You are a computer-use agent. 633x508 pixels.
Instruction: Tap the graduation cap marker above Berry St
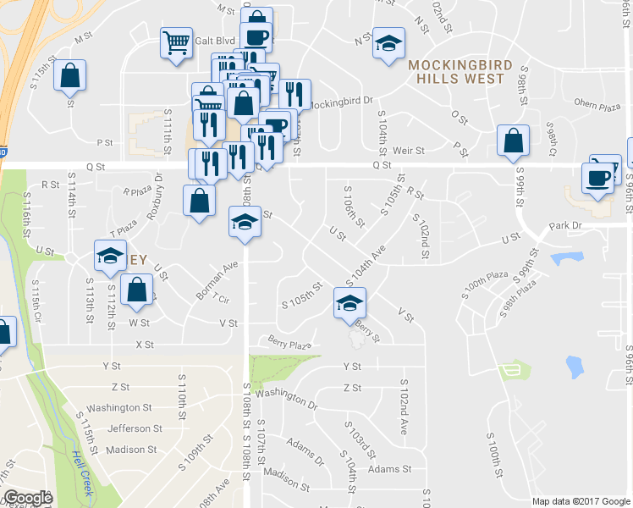[x=348, y=302]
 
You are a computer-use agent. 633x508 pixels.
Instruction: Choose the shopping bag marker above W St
[x=136, y=290]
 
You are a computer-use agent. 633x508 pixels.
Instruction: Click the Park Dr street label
[x=566, y=226]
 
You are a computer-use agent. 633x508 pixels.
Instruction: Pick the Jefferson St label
[x=135, y=428]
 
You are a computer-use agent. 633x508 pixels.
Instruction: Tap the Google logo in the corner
[x=27, y=498]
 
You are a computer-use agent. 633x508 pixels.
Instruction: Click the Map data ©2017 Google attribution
[x=581, y=501]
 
